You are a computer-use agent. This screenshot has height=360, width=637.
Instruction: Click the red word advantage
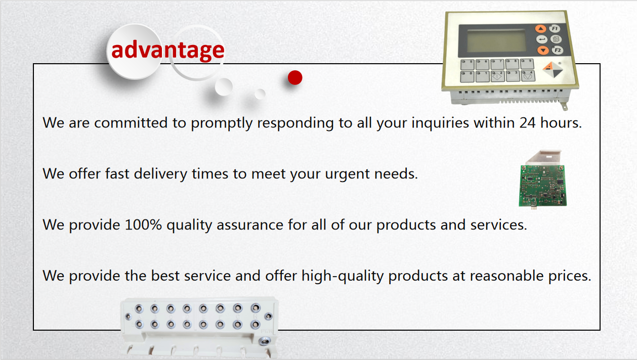(x=168, y=51)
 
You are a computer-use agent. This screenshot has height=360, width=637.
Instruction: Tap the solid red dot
(x=295, y=77)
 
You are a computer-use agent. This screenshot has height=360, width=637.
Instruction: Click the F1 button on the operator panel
(x=555, y=28)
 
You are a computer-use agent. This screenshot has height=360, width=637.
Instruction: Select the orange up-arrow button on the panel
(x=540, y=29)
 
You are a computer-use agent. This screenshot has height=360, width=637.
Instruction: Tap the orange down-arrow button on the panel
(x=543, y=51)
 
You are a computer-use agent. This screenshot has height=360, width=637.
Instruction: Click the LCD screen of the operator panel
(x=496, y=41)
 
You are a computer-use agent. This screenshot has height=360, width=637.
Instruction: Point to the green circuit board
(x=542, y=185)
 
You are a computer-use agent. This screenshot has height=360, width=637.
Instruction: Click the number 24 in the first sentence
(x=528, y=123)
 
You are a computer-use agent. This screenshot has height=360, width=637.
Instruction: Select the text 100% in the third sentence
(x=143, y=225)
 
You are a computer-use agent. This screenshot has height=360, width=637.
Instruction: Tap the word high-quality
(x=343, y=276)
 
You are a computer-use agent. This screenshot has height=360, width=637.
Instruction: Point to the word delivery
(x=160, y=174)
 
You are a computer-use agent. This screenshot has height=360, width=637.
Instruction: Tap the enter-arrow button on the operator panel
(x=542, y=39)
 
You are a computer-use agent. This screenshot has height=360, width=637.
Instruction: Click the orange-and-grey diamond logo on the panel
(x=553, y=70)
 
